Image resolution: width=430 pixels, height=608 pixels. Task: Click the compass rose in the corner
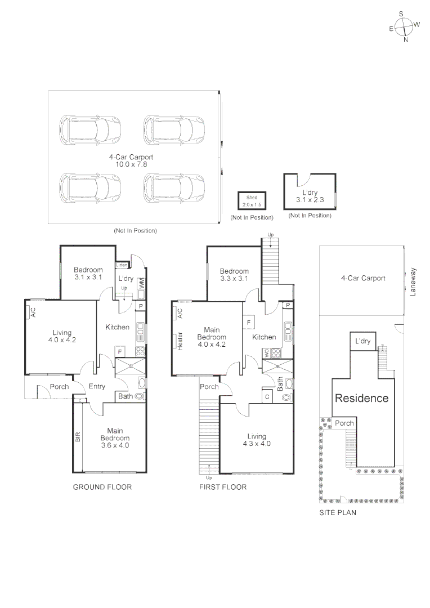coord(404,26)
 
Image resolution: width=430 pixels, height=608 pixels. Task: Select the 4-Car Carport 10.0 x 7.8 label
coord(131,161)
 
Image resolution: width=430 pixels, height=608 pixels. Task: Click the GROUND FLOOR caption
coord(102,487)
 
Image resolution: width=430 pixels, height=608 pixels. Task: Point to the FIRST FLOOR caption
coord(223,487)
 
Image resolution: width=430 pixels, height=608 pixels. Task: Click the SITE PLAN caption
coord(338,513)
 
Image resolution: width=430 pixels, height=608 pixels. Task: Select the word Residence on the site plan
coord(362,398)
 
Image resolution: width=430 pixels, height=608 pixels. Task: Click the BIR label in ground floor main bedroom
coord(78,436)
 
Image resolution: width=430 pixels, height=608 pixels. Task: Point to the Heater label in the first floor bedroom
coord(180,341)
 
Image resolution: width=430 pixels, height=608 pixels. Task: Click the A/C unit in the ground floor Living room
coord(33,312)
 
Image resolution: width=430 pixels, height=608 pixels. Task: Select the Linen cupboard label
coord(122,265)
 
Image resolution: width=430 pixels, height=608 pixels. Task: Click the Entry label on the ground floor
coord(97,386)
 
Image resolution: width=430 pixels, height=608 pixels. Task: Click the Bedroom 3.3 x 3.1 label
coord(234,274)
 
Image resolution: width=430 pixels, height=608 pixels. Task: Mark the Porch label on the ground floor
coord(60,387)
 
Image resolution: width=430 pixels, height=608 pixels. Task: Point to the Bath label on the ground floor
coord(126,397)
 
